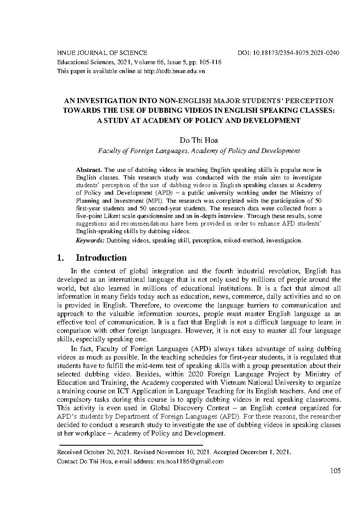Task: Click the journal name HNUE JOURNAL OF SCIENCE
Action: click(102, 53)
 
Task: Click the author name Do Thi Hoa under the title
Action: click(199, 140)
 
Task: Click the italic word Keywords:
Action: click(90, 240)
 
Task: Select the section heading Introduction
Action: click(101, 258)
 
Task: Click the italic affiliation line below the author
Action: click(199, 150)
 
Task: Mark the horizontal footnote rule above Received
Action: click(131, 445)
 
